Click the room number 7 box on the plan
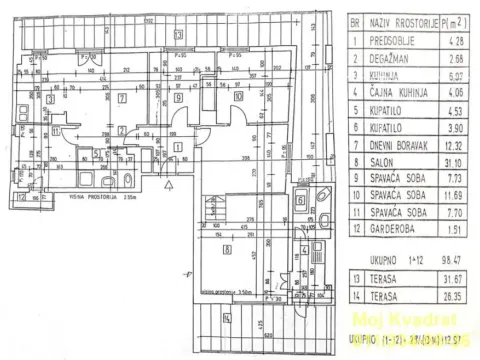click(x=121, y=98)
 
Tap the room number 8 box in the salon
click(x=228, y=250)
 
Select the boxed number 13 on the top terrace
click(x=179, y=35)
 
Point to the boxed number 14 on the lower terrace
click(x=227, y=318)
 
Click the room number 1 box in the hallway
click(x=178, y=147)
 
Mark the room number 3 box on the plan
click(x=48, y=98)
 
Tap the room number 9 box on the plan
click(x=177, y=98)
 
